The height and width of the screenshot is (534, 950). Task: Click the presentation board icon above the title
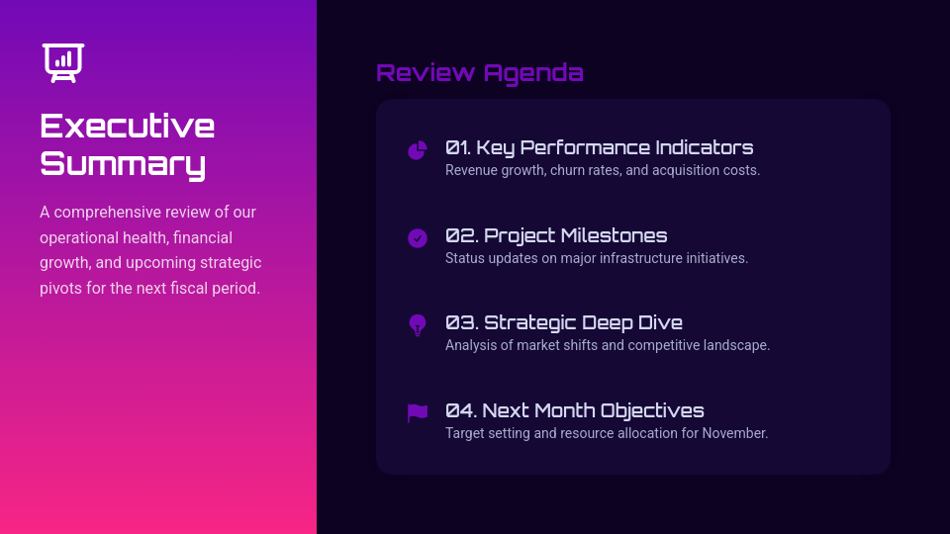(63, 62)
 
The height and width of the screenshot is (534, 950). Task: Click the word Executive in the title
(127, 127)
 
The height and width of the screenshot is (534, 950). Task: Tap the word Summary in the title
(123, 163)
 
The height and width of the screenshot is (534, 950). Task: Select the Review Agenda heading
(480, 73)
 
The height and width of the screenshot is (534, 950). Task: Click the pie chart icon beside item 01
(418, 150)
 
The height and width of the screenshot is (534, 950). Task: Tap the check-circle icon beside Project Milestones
(418, 238)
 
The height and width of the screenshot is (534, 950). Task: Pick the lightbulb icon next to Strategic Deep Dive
(418, 325)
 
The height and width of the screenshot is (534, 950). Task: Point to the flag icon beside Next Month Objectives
(418, 413)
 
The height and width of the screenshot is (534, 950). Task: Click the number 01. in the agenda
(457, 148)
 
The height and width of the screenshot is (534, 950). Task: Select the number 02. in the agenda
(461, 236)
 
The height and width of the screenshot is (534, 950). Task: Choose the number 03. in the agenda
(461, 323)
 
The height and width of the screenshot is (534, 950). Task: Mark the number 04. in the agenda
(460, 411)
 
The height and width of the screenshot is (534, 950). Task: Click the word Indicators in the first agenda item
(704, 148)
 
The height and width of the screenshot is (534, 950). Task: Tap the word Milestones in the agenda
(614, 236)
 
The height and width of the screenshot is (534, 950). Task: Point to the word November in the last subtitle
(734, 433)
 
